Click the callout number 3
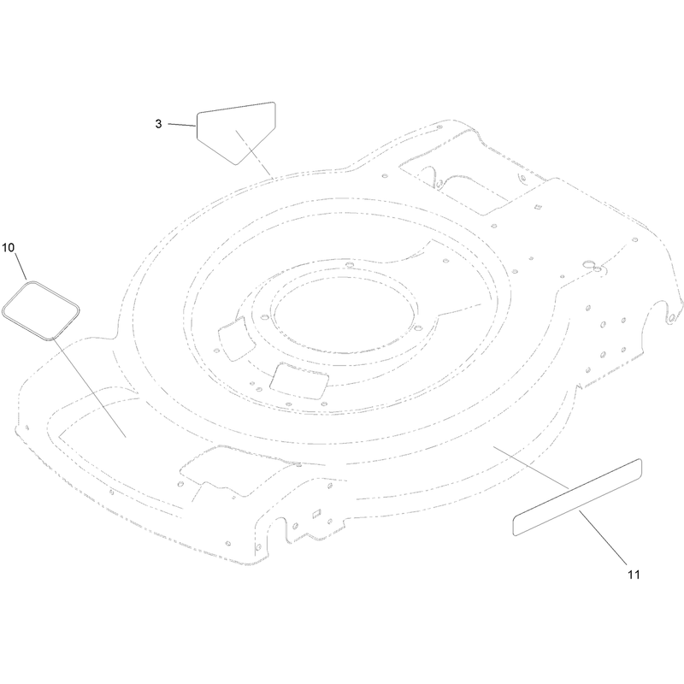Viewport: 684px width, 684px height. pos(158,124)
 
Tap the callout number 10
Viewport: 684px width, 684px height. pos(9,248)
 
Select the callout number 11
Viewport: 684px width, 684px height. pos(634,575)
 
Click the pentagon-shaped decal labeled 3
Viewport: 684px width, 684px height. pos(237,133)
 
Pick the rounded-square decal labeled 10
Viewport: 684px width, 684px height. pos(41,310)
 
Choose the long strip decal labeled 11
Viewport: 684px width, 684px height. pos(577,497)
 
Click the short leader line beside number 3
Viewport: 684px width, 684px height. pos(182,125)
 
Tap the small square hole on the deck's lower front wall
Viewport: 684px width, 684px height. pos(317,514)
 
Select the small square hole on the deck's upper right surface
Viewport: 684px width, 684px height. pos(538,207)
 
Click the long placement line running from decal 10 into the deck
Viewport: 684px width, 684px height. pos(90,387)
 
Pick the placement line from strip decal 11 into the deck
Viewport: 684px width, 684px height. pos(531,467)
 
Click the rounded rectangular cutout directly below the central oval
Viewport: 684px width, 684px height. pos(299,380)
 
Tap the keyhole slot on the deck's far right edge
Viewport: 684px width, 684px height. pos(672,313)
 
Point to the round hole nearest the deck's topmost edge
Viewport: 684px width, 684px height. pos(439,127)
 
